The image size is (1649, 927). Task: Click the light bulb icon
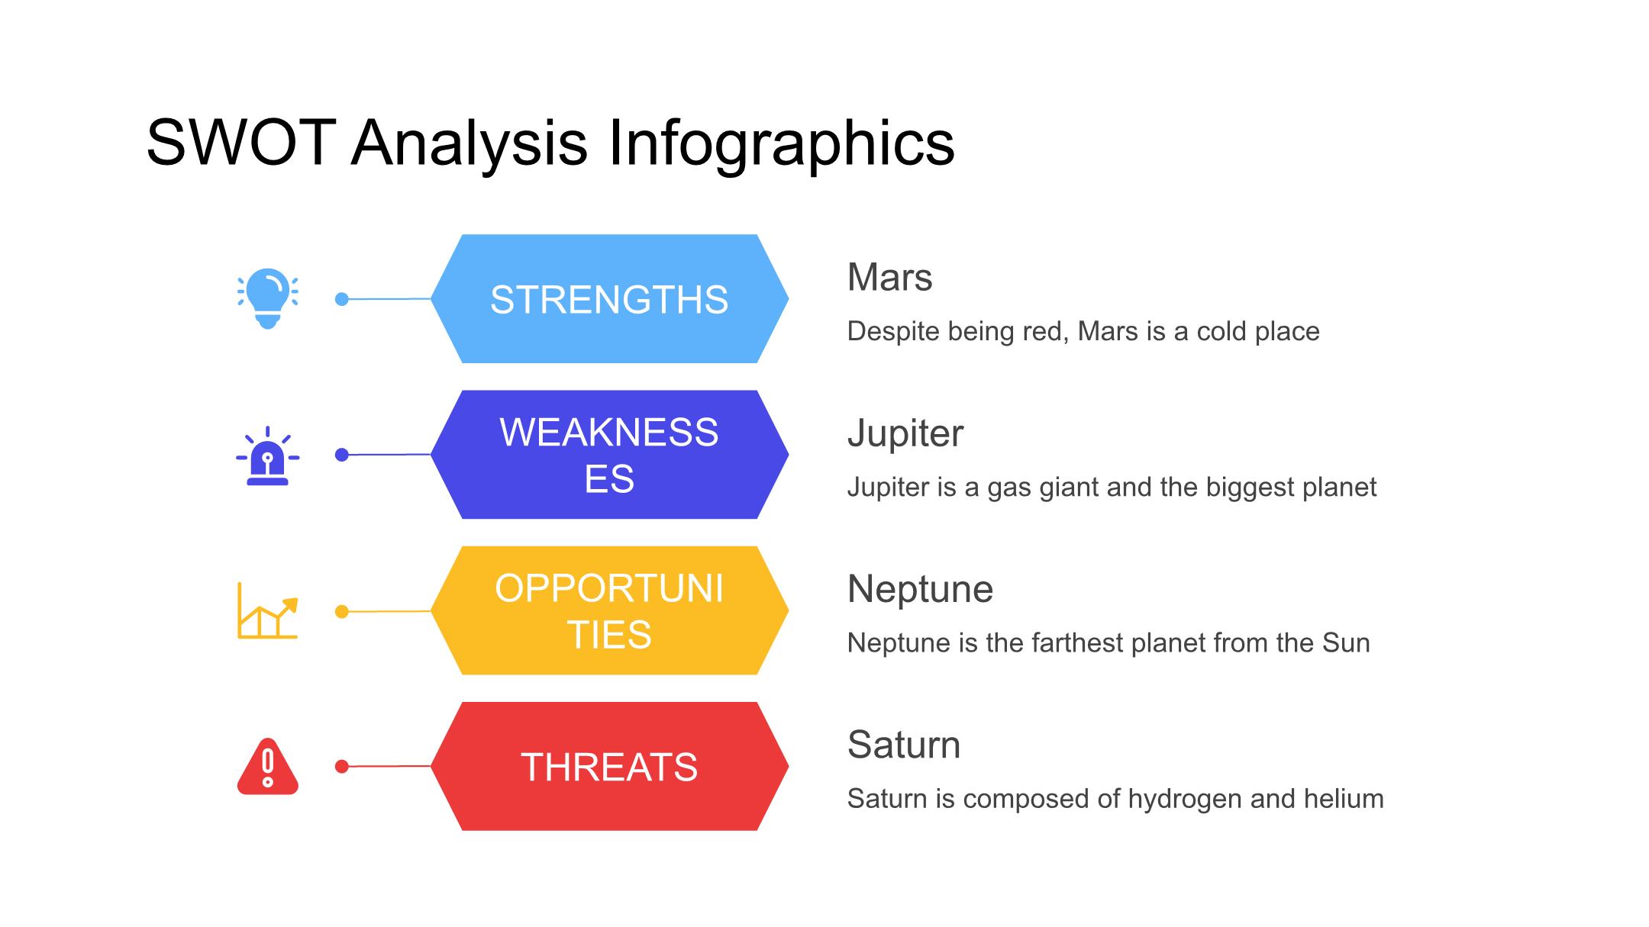click(x=267, y=298)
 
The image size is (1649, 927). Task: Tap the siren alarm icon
click(x=267, y=455)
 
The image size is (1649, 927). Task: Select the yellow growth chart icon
click(x=267, y=610)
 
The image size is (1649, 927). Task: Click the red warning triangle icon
click(x=267, y=766)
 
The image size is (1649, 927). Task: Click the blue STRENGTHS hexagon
click(x=609, y=298)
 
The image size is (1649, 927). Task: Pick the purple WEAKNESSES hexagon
click(x=609, y=455)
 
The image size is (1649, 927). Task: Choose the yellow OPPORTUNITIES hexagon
click(x=609, y=610)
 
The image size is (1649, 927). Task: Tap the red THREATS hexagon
click(x=609, y=766)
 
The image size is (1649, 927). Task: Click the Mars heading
click(x=889, y=277)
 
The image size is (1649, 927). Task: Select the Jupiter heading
click(x=905, y=433)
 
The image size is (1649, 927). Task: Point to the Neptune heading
click(x=920, y=589)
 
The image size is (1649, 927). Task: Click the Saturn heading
click(x=904, y=745)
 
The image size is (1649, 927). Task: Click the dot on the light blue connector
click(x=342, y=299)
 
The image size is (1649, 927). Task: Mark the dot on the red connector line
click(x=342, y=767)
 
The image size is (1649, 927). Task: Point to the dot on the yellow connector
click(x=342, y=611)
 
